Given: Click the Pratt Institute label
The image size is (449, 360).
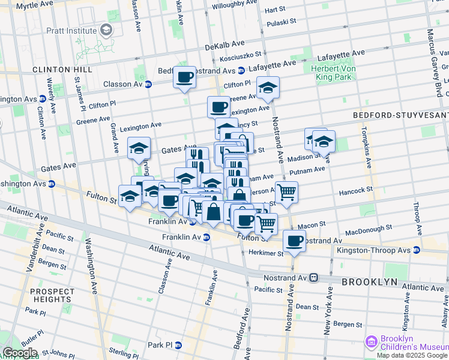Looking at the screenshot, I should [72, 30].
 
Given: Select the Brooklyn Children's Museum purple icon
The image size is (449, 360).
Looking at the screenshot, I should [372, 341].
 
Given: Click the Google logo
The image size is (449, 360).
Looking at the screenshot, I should [20, 353].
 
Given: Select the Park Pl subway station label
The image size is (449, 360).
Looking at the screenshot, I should [160, 345].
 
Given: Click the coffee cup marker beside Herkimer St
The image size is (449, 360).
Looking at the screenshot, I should [294, 241].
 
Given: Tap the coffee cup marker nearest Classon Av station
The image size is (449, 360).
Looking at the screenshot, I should [184, 77].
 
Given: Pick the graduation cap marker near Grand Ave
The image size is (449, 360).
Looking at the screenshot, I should [139, 148].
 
